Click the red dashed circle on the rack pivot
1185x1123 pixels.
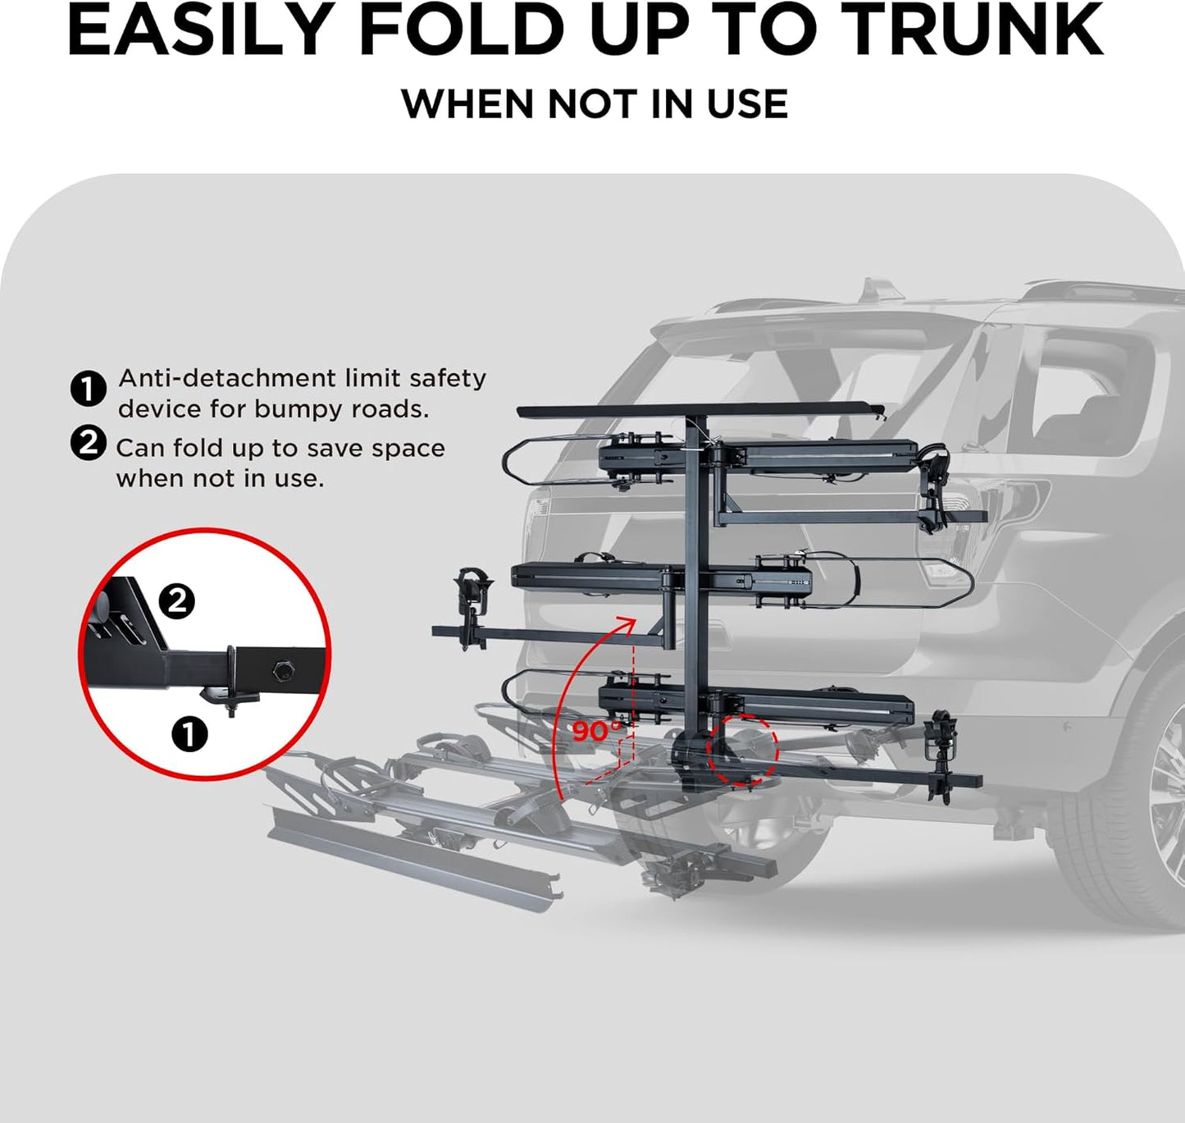pos(743,750)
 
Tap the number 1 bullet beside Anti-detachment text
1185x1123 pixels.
pos(88,389)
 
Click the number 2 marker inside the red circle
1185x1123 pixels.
pos(176,602)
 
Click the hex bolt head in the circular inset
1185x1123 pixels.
pos(284,669)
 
